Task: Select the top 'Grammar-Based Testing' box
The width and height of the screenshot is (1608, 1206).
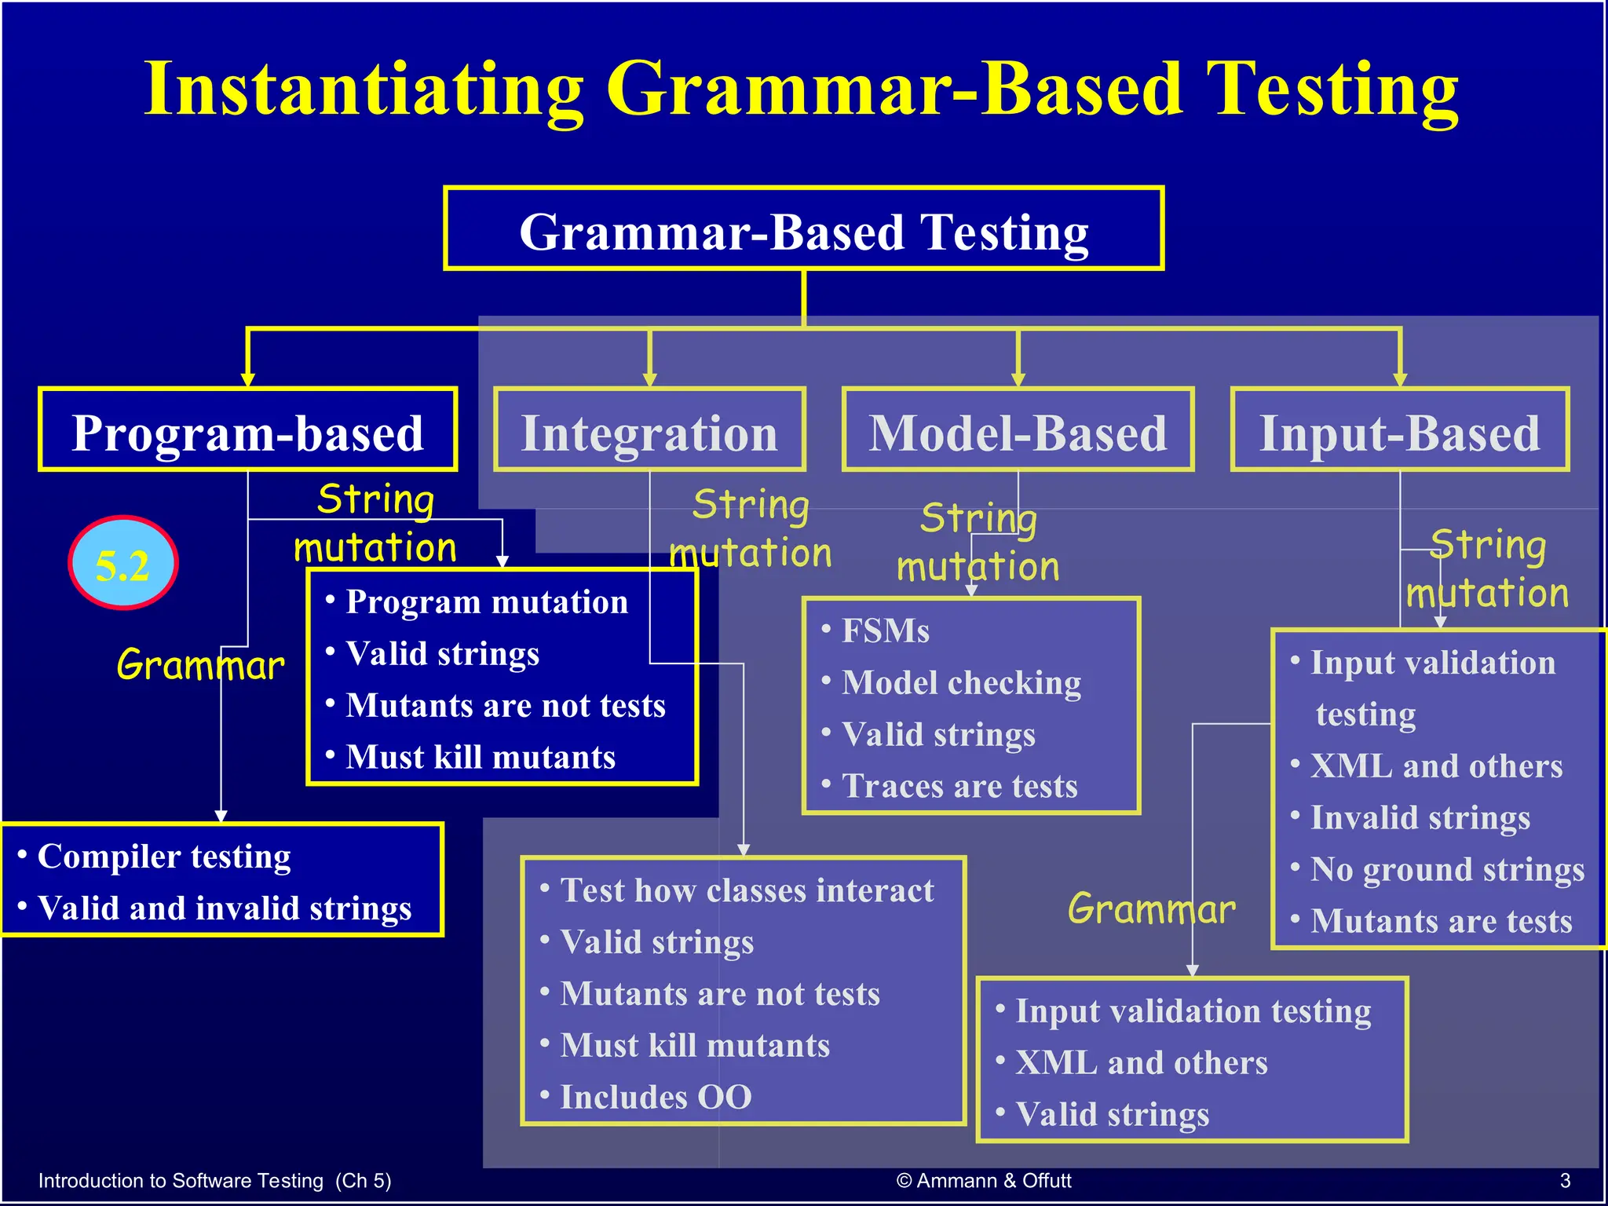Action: click(803, 231)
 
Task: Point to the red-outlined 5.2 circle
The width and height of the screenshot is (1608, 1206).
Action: click(123, 563)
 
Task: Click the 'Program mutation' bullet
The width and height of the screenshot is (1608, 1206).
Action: click(487, 602)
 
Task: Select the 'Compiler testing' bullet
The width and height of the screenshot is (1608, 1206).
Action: click(164, 856)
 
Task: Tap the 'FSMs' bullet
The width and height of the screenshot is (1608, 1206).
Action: click(885, 630)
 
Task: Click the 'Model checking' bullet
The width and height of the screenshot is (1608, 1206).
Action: click(961, 682)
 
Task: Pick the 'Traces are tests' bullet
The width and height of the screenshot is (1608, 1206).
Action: click(959, 786)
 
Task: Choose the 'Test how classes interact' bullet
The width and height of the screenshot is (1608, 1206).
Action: click(747, 890)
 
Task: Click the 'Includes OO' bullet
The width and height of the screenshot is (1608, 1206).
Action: click(656, 1097)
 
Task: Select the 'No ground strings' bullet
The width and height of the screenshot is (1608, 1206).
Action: click(1447, 869)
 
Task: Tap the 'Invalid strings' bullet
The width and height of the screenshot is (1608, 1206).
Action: click(1420, 817)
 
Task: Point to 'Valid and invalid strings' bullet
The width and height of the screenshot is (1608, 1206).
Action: click(225, 908)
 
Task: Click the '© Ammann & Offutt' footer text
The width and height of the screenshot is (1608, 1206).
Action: click(984, 1180)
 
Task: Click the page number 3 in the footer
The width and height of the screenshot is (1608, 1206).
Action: click(1564, 1180)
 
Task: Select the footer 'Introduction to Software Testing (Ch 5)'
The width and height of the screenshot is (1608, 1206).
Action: click(214, 1180)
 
